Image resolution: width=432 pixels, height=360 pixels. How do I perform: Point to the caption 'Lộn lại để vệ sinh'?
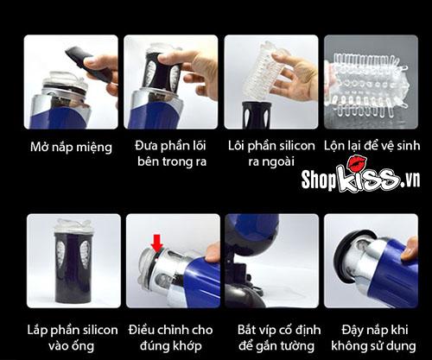(x=372, y=146)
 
